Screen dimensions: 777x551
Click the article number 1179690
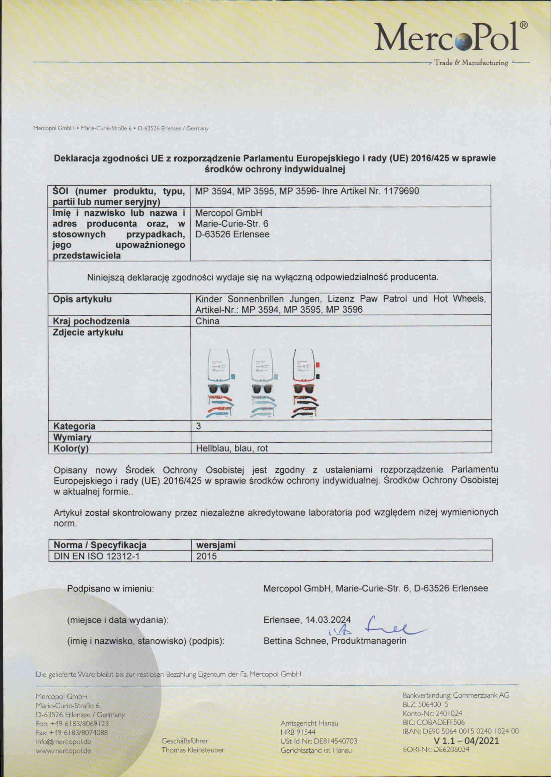point(401,191)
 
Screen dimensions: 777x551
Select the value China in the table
point(207,321)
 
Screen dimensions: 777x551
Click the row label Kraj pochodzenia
point(91,321)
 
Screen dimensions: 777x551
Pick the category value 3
point(199,426)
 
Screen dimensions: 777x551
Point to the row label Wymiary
point(72,437)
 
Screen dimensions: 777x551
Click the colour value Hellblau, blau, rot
point(232,448)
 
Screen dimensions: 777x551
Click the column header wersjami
point(216,545)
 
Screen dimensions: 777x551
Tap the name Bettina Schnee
point(295,641)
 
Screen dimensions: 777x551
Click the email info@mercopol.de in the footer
point(63,742)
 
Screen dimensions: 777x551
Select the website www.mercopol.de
point(63,751)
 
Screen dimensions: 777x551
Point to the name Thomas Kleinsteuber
point(193,750)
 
